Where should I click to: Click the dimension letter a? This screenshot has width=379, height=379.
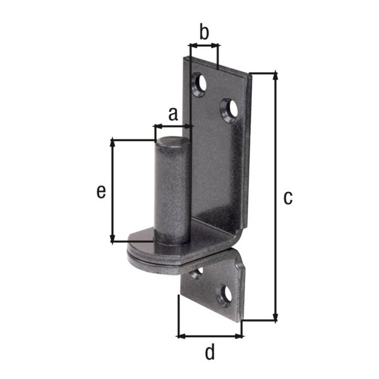pyautogui.click(x=173, y=114)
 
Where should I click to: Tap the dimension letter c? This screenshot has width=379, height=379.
pyautogui.click(x=288, y=198)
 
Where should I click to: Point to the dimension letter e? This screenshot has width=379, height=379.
pyautogui.click(x=101, y=192)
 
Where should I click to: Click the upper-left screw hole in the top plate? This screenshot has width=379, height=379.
pyautogui.click(x=200, y=84)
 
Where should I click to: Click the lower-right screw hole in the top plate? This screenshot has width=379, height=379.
pyautogui.click(x=229, y=110)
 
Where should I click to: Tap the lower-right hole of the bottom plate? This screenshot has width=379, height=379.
pyautogui.click(x=225, y=296)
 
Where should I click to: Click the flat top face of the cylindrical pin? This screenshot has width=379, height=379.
pyautogui.click(x=172, y=140)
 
